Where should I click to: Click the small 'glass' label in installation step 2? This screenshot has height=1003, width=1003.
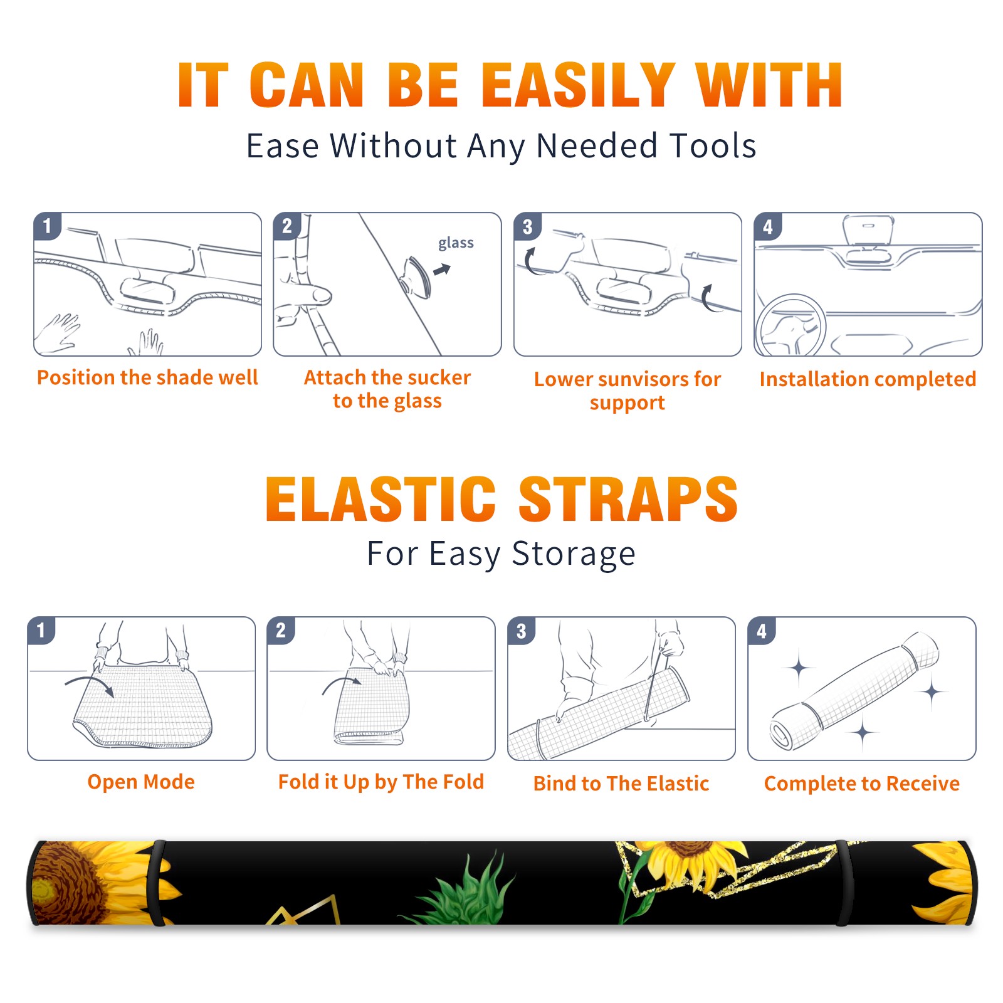[x=456, y=243]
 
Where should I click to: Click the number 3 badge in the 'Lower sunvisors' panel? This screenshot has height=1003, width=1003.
[x=527, y=226]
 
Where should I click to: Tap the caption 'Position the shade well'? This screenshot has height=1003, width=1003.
[x=147, y=377]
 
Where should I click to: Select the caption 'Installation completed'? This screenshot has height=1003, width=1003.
[x=868, y=379]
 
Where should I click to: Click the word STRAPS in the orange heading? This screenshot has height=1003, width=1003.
[x=628, y=499]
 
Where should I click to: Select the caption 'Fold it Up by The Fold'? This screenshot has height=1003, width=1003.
[x=381, y=782]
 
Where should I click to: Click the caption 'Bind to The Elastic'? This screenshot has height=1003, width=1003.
[x=621, y=784]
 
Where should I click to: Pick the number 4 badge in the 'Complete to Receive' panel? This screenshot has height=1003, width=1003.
[x=762, y=631]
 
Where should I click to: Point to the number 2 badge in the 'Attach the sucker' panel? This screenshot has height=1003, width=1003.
[x=287, y=226]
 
